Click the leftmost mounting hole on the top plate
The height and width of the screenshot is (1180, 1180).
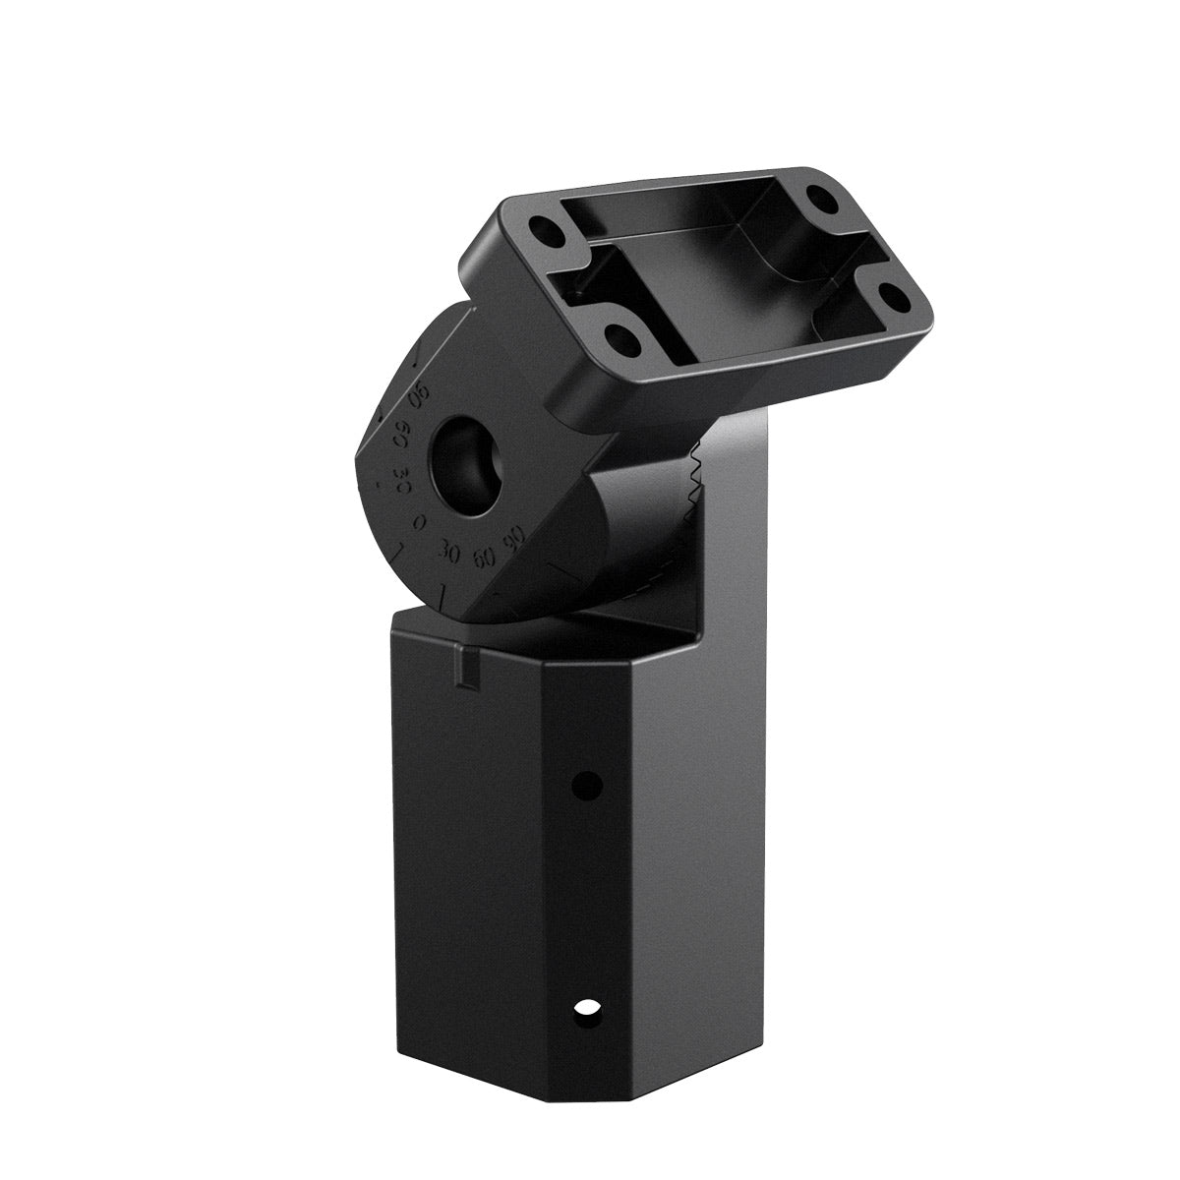point(543,234)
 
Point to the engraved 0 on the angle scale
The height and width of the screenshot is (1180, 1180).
point(420,524)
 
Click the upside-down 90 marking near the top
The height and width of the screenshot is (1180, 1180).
point(419,398)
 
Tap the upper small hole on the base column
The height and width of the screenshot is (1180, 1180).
point(587,785)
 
